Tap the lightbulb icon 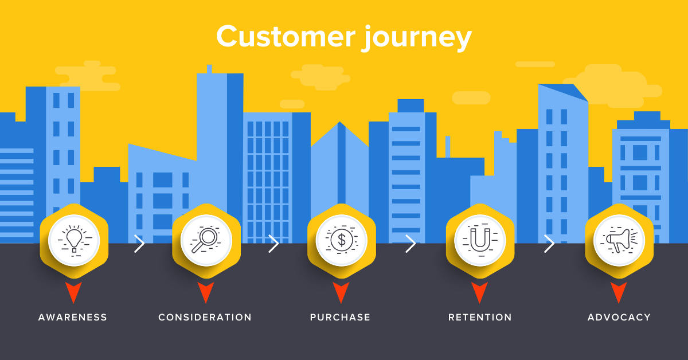[73, 240]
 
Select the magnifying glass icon [206, 240]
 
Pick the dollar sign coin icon [341, 240]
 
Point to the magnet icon [479, 240]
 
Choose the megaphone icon [618, 240]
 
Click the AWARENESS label [73, 317]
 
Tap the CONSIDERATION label [205, 317]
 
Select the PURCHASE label [341, 317]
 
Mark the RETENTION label [480, 317]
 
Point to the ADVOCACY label [619, 317]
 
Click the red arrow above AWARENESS [73, 291]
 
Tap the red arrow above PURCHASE [341, 291]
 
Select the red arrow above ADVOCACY [618, 291]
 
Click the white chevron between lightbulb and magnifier [139, 244]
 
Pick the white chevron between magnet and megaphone [549, 244]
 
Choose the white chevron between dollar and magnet [410, 244]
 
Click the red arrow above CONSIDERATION [206, 291]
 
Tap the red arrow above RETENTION [479, 291]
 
